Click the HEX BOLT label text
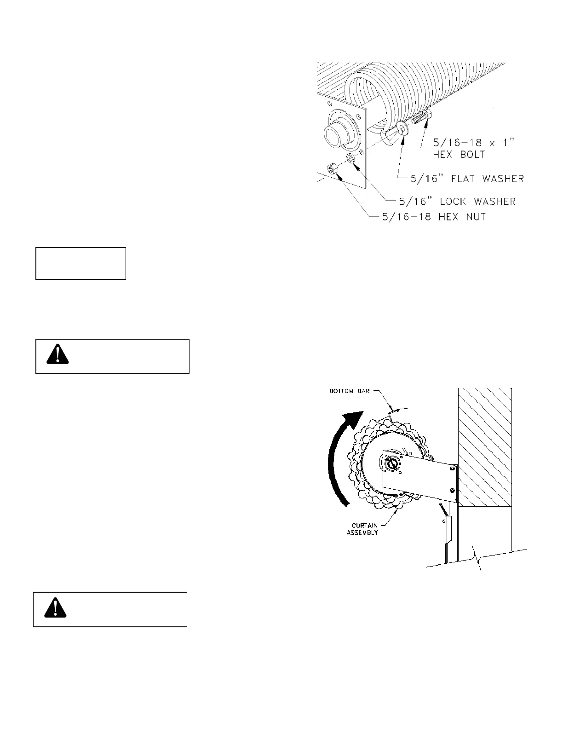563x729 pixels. [x=459, y=155]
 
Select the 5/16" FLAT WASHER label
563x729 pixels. [x=462, y=178]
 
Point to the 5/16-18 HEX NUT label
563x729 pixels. [x=434, y=216]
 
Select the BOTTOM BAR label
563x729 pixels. [x=348, y=391]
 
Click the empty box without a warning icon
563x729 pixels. [x=81, y=263]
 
